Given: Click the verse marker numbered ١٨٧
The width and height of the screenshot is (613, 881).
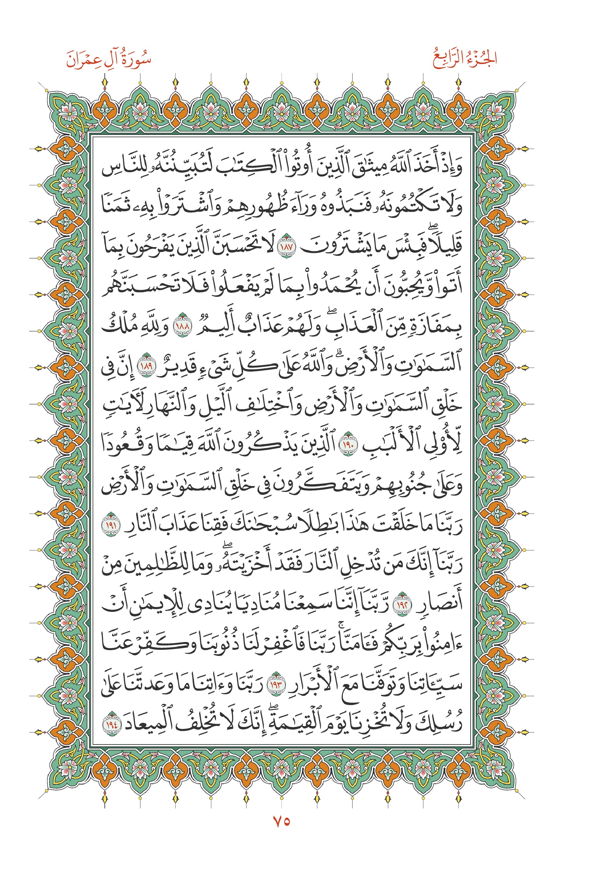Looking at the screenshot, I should pyautogui.click(x=287, y=247).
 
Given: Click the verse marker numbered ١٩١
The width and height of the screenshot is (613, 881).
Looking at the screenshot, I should pyautogui.click(x=111, y=524).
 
